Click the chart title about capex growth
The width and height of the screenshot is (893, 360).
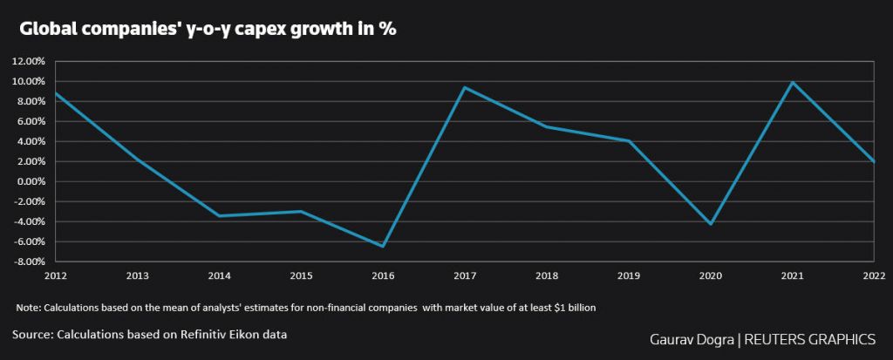[x=208, y=29]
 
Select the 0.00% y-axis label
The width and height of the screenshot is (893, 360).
[x=31, y=182]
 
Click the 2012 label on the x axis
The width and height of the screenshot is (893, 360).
[x=54, y=275]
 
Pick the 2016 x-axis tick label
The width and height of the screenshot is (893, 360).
[x=383, y=275]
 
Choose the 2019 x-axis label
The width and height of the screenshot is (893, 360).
[x=629, y=275]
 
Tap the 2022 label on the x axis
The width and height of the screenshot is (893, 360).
[x=874, y=275]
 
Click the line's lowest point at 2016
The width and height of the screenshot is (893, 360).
[x=383, y=247]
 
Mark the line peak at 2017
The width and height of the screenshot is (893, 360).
[x=465, y=87]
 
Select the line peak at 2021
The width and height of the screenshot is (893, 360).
[x=792, y=83]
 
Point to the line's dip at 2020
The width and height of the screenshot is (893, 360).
[x=711, y=225]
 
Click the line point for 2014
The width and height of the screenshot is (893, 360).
[x=219, y=216]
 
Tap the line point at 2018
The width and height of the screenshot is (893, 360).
[x=547, y=126]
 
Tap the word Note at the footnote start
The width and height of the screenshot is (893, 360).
[x=28, y=308]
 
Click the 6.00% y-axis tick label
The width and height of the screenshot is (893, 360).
[x=31, y=122]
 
